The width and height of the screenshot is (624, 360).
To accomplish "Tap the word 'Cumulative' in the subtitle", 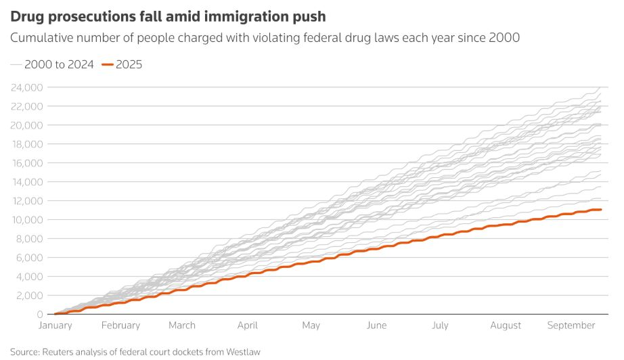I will coord(42,38).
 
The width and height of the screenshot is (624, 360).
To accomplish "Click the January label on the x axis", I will coord(55,325).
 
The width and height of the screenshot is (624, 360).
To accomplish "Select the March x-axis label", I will coord(181,325).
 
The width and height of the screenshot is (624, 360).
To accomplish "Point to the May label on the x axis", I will coord(311,325).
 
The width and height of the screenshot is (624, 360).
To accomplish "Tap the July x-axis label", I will coord(440,325).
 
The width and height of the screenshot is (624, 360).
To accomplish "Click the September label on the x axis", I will coord(571,325).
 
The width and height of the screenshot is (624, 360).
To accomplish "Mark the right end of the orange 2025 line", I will coord(601,210).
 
